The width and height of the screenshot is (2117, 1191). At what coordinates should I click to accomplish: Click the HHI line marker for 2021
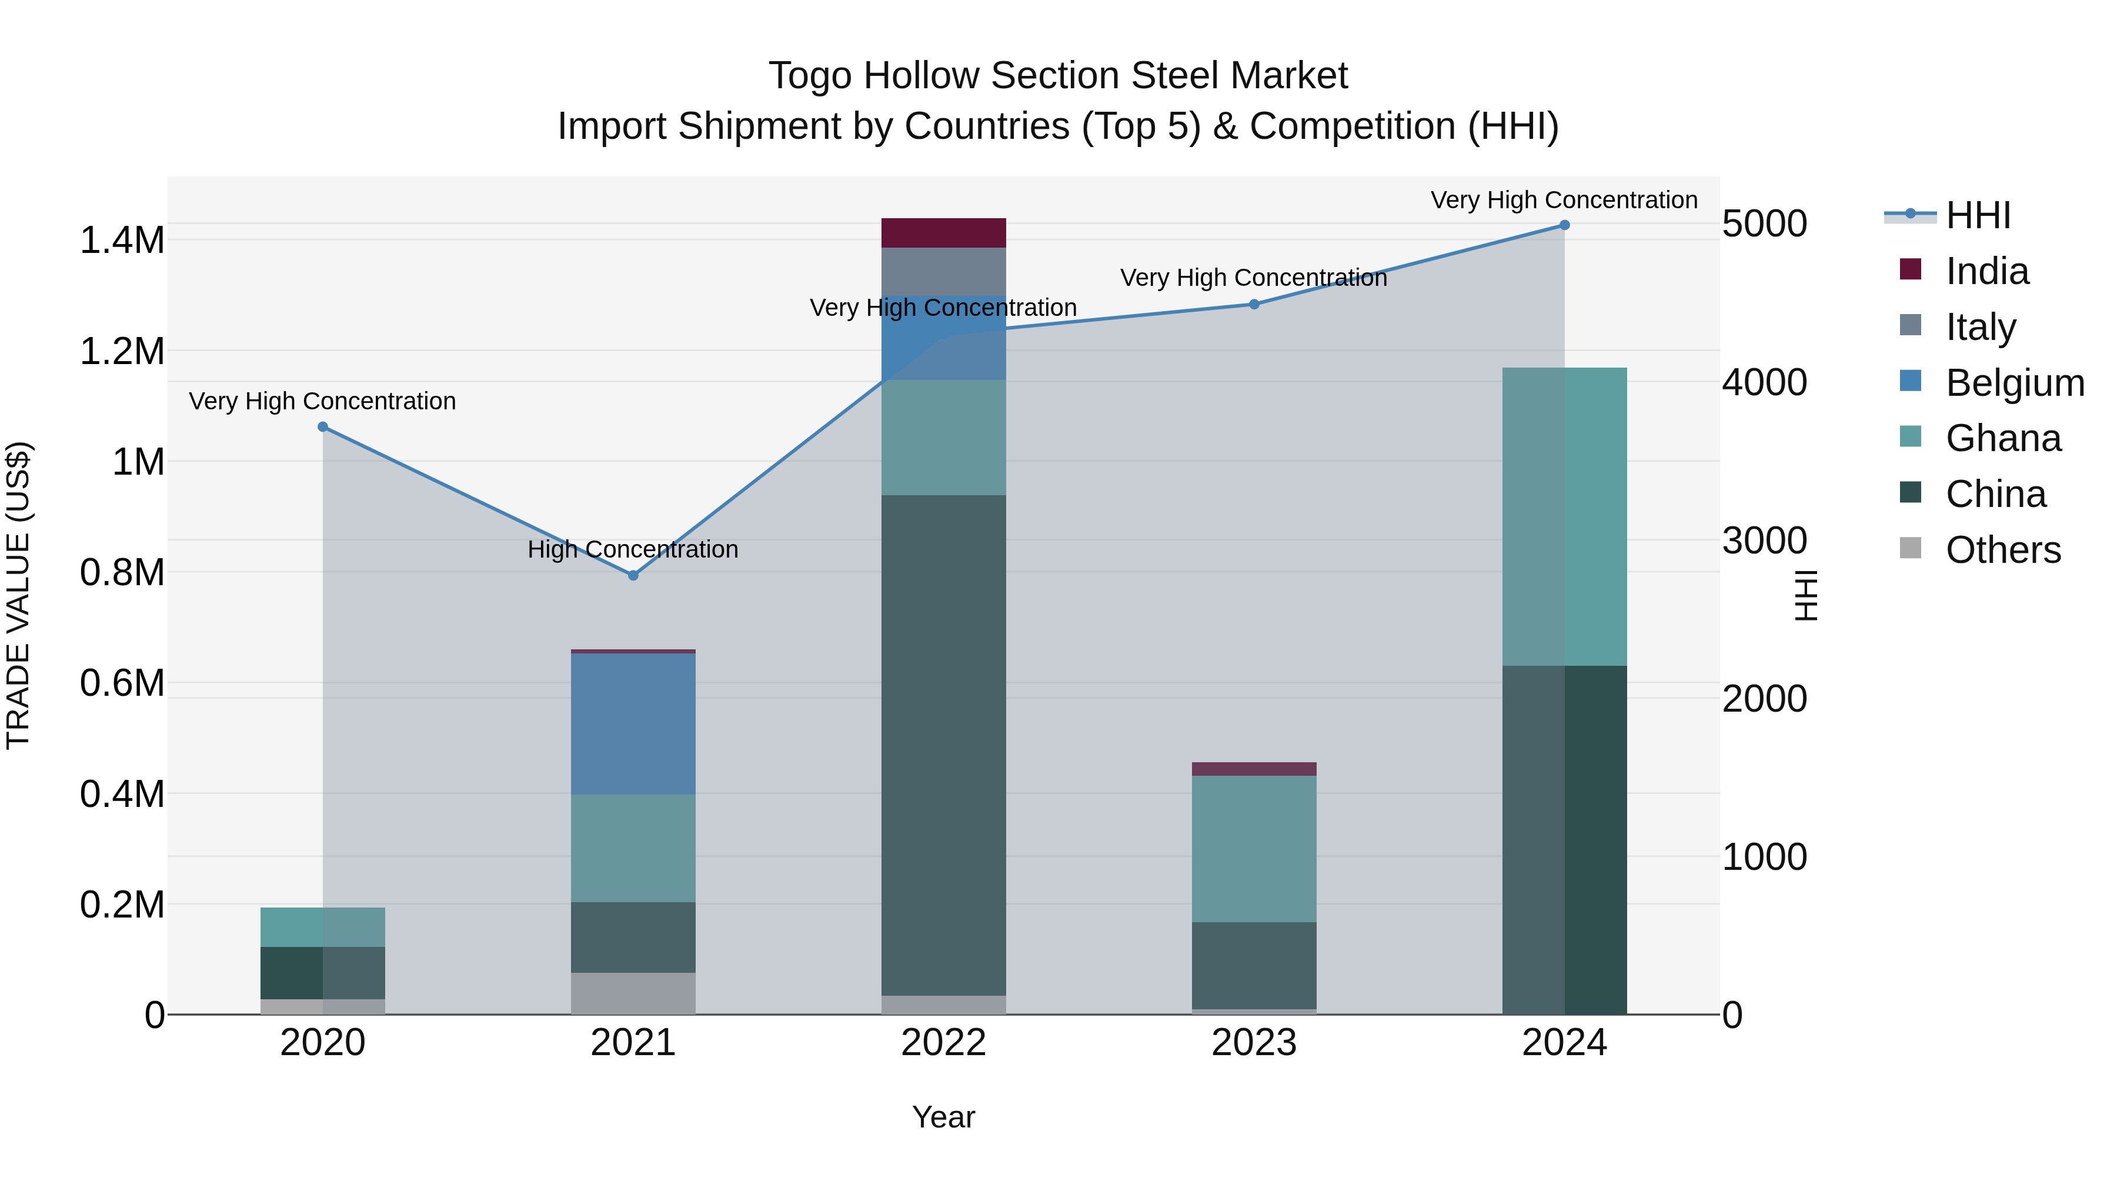(x=633, y=575)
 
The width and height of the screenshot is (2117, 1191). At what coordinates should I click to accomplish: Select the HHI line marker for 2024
(x=1564, y=225)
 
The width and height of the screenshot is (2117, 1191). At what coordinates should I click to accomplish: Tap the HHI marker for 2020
(x=323, y=426)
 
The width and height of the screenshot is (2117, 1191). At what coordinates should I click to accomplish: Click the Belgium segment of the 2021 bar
(x=633, y=723)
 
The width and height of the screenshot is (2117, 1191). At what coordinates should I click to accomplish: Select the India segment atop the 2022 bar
(x=943, y=232)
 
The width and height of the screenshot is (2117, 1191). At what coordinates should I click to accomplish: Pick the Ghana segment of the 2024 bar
(x=1564, y=516)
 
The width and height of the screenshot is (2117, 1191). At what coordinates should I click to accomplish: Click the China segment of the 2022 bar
(x=943, y=744)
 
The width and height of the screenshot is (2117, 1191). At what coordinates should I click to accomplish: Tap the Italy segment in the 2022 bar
(x=943, y=271)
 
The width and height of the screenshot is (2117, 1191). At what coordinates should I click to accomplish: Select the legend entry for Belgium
(x=2014, y=383)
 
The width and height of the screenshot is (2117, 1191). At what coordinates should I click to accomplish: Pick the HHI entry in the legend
(x=1977, y=215)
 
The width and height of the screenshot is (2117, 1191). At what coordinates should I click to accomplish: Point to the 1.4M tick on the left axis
(x=122, y=241)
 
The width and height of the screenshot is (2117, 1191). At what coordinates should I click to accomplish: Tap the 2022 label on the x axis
(x=943, y=1043)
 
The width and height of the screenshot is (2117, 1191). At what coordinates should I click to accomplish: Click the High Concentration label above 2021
(x=633, y=549)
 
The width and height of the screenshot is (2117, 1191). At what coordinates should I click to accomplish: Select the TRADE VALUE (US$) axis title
(x=18, y=595)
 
